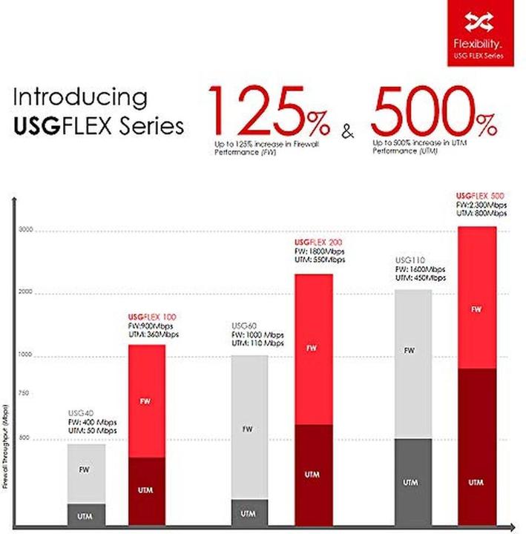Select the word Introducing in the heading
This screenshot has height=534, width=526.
81,97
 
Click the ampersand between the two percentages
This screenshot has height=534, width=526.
346,133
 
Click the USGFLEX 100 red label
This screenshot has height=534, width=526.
147,317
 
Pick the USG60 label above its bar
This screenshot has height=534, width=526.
245,326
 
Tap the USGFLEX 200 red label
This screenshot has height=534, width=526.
319,243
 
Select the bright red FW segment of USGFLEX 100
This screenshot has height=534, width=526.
146,400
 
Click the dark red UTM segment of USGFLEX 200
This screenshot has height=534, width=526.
314,475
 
